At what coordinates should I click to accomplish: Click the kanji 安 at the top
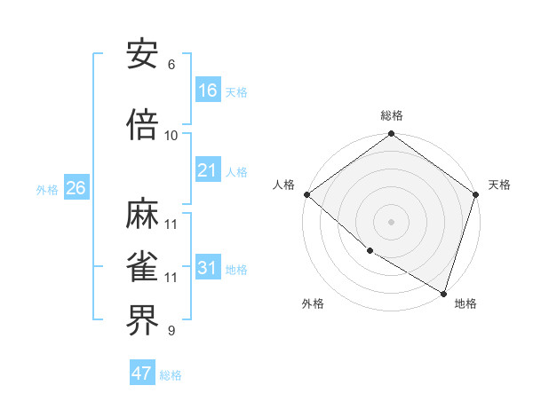coord(143,54)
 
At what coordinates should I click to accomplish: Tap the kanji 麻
coord(143,214)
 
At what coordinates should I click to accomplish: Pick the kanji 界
coord(143,321)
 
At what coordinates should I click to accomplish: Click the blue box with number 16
coord(208,90)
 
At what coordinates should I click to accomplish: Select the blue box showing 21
coord(208,170)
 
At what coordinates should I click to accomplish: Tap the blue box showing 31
coord(208,268)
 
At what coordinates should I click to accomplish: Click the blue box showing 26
coord(76,188)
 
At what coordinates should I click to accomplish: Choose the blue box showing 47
coord(142,374)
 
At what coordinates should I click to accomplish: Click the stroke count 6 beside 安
coord(171,65)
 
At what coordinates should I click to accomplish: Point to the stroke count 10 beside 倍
coord(171,136)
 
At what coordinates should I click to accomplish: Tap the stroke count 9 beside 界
coord(171,331)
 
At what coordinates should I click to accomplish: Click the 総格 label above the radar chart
coord(392,115)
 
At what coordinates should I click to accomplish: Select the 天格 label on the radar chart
coord(499,185)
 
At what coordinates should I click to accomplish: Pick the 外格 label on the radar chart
coord(313,303)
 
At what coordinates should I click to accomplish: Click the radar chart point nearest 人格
coord(306,194)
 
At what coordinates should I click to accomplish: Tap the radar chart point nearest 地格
coord(443,293)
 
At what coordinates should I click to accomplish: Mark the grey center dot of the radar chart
coord(391,222)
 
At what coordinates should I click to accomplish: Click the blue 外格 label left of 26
coord(47,189)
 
